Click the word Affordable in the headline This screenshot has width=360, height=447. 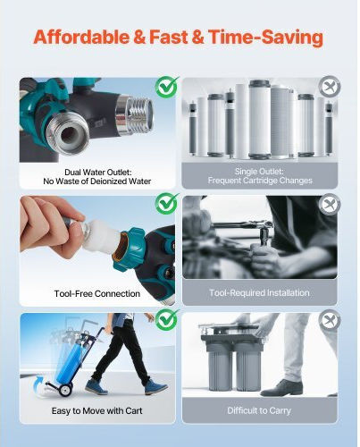click(x=81, y=38)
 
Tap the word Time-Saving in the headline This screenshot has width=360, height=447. click(x=265, y=38)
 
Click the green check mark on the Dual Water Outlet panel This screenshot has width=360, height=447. click(x=167, y=87)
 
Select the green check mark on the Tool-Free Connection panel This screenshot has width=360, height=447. click(x=167, y=203)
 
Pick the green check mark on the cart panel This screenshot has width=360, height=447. click(x=167, y=319)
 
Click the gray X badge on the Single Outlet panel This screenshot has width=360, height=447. click(x=330, y=87)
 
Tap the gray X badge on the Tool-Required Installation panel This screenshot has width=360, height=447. click(x=330, y=204)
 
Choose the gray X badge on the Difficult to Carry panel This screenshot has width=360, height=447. click(x=330, y=320)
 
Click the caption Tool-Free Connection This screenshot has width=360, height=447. click(x=97, y=294)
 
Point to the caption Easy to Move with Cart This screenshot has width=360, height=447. click(x=96, y=411)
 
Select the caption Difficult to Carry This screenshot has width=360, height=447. click(x=259, y=410)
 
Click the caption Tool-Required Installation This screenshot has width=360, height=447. click(x=259, y=292)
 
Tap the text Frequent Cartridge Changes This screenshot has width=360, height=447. click(x=260, y=181)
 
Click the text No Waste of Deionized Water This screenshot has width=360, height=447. click(x=97, y=181)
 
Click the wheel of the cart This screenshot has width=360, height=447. click(x=65, y=390)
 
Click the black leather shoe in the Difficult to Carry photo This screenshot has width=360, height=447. click(x=281, y=388)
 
